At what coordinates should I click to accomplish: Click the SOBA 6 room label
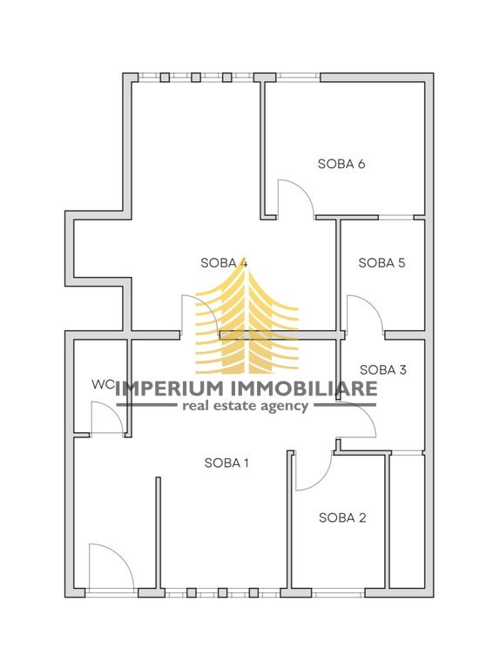341,164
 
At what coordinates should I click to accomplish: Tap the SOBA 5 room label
382,263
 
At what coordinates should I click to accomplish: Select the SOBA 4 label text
224,263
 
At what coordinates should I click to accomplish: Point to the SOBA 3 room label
383,370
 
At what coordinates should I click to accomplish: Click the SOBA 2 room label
342,518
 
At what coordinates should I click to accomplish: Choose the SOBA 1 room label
226,463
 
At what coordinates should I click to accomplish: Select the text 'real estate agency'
246,406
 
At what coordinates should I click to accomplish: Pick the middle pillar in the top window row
196,78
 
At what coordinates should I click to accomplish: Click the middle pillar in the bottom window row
222,592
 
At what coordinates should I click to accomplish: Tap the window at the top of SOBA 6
298,78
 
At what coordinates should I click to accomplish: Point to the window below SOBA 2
338,592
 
